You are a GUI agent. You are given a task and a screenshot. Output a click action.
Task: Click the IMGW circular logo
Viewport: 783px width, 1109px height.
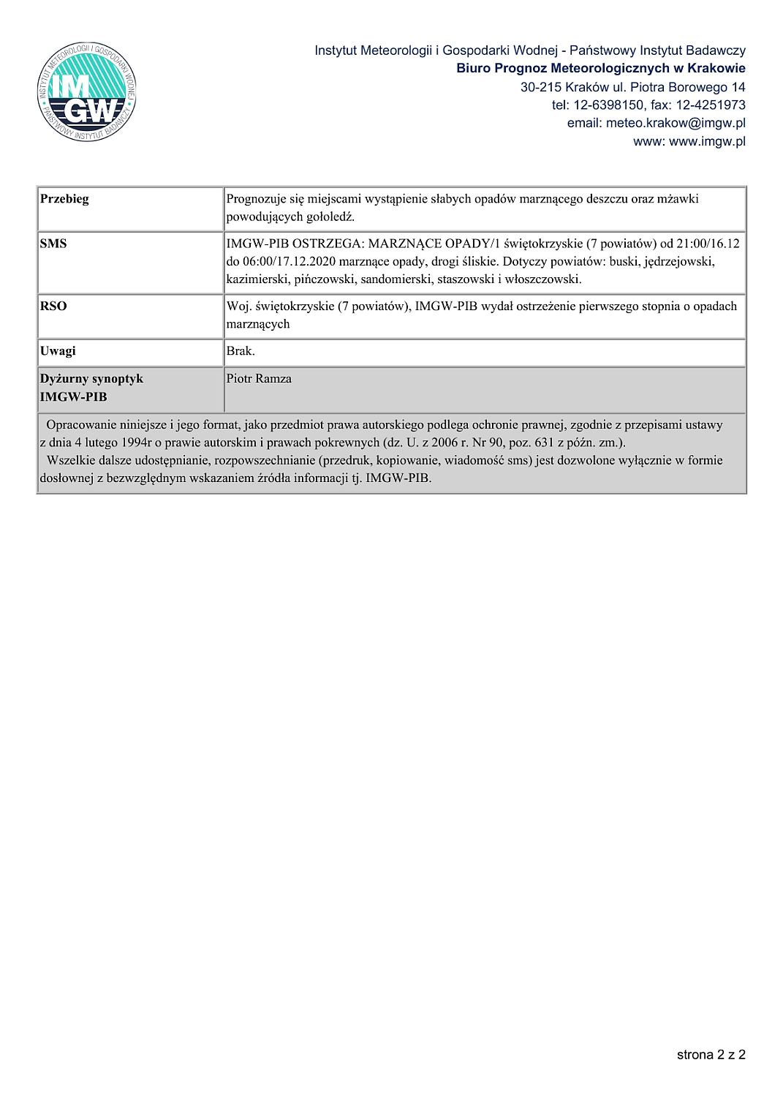click(x=86, y=92)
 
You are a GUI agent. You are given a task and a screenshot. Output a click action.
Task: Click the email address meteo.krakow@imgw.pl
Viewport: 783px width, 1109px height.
click(x=676, y=123)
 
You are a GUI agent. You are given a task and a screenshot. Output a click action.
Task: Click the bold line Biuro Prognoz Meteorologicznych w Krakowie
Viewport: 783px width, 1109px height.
click(x=600, y=68)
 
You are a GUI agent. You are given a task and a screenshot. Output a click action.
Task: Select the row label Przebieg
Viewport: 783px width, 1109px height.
click(x=64, y=199)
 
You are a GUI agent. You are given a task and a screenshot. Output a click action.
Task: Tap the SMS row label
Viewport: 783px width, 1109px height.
click(x=53, y=244)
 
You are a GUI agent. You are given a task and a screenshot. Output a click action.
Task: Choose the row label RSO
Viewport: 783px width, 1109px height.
click(x=53, y=306)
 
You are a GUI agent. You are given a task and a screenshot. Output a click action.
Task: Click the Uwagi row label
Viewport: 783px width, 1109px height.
click(x=58, y=351)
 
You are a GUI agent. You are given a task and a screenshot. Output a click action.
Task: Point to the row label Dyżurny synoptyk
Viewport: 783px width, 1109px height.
click(x=91, y=379)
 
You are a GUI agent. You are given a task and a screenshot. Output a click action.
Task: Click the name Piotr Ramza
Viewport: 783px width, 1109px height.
click(x=259, y=379)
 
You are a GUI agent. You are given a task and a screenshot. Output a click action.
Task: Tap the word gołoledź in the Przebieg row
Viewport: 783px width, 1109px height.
click(x=329, y=217)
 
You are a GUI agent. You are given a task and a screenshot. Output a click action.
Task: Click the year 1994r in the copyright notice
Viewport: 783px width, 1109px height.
click(x=135, y=443)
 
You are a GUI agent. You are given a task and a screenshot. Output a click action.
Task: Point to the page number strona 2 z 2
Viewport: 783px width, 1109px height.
click(x=711, y=1054)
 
